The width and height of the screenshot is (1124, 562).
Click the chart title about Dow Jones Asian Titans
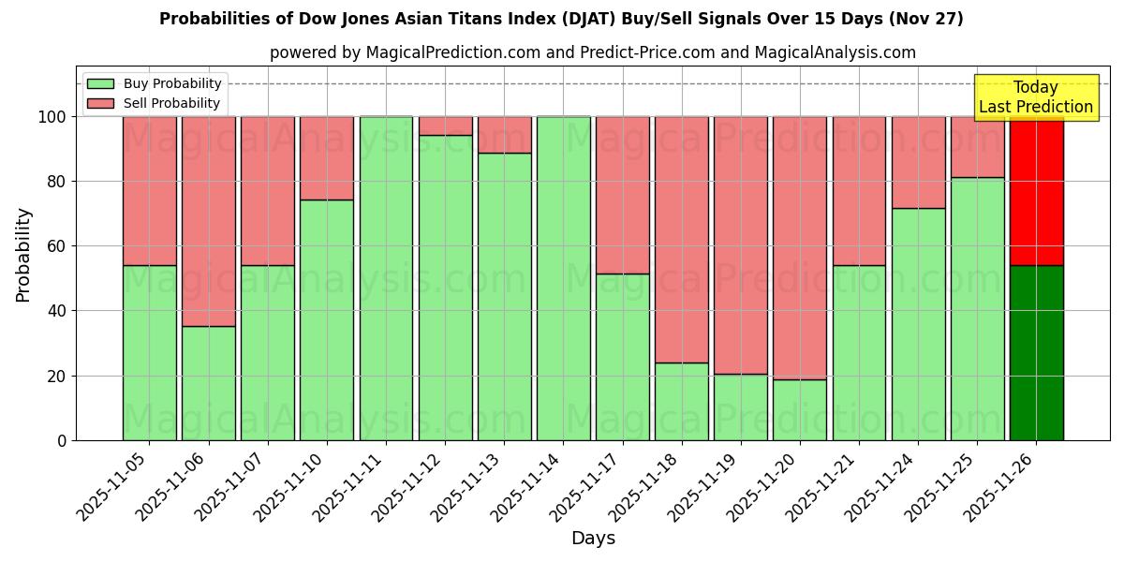(x=561, y=19)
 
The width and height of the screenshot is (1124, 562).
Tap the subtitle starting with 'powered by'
(x=592, y=52)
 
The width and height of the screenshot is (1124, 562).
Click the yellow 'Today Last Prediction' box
(x=1035, y=97)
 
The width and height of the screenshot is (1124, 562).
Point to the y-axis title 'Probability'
(x=23, y=255)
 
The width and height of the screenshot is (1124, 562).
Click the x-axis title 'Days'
(x=593, y=539)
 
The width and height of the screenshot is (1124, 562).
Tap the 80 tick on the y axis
(x=59, y=182)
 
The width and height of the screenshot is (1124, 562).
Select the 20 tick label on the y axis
(x=59, y=376)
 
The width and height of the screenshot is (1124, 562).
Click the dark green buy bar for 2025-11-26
(x=1036, y=353)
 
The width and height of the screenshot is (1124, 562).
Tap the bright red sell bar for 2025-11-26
(x=1036, y=191)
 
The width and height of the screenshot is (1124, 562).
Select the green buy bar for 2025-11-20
(x=800, y=409)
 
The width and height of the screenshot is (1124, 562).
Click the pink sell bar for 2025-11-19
(x=741, y=245)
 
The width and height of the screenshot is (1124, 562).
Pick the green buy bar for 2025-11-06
(x=209, y=383)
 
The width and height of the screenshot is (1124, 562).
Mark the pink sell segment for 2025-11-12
(x=445, y=126)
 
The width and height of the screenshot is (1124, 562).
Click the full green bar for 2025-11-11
(x=386, y=278)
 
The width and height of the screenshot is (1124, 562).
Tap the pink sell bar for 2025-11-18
(x=682, y=240)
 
